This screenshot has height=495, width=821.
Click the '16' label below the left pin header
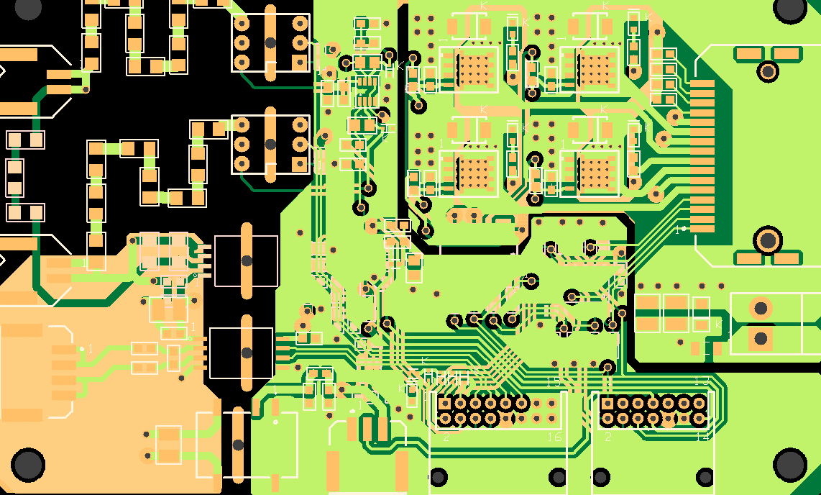pyautogui.click(x=554, y=437)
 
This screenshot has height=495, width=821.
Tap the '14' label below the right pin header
pyautogui.click(x=702, y=437)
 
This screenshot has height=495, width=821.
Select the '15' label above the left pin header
pyautogui.click(x=554, y=382)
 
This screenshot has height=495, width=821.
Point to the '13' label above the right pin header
pyautogui.click(x=702, y=381)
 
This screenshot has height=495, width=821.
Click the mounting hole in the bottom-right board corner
pyautogui.click(x=791, y=464)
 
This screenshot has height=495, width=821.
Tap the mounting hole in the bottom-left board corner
pyautogui.click(x=28, y=465)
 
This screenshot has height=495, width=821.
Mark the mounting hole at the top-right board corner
pyautogui.click(x=791, y=8)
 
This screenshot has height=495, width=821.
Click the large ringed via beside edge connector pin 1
pyautogui.click(x=767, y=240)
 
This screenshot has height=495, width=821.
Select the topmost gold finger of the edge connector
pyautogui.click(x=702, y=83)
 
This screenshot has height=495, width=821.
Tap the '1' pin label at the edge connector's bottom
pyautogui.click(x=676, y=230)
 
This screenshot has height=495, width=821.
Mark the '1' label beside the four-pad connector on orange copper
pyautogui.click(x=90, y=349)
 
